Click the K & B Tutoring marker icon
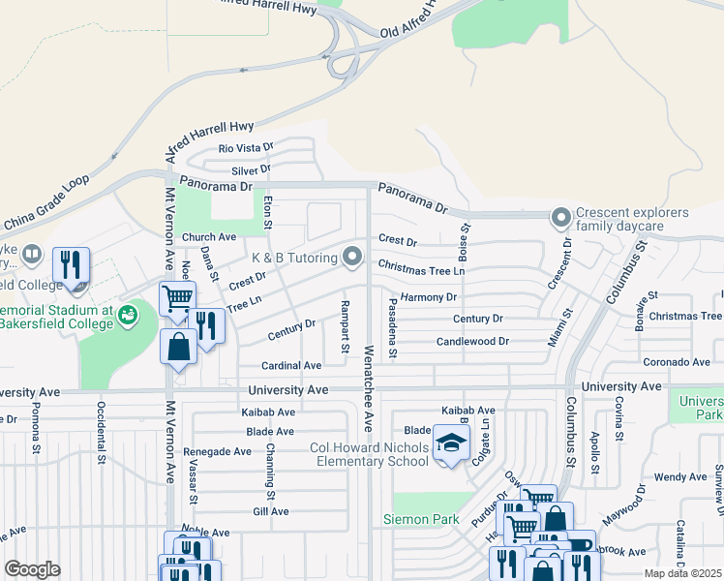(x=352, y=258)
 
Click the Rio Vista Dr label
(x=247, y=148)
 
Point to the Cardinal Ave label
(x=291, y=366)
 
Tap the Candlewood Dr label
(x=472, y=342)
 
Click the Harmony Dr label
(x=428, y=297)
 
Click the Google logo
(x=32, y=569)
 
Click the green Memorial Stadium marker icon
(x=127, y=314)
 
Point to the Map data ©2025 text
(x=682, y=573)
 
